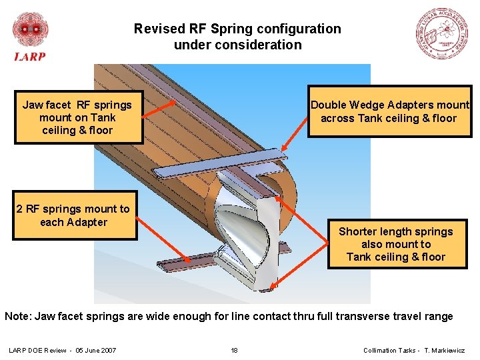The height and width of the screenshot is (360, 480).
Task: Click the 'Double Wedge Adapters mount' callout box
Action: coord(390,112)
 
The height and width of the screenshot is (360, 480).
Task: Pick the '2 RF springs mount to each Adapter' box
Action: coord(73,215)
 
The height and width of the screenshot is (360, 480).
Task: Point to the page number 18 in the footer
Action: coord(234,351)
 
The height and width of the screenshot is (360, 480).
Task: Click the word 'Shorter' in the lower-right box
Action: coord(358,231)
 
